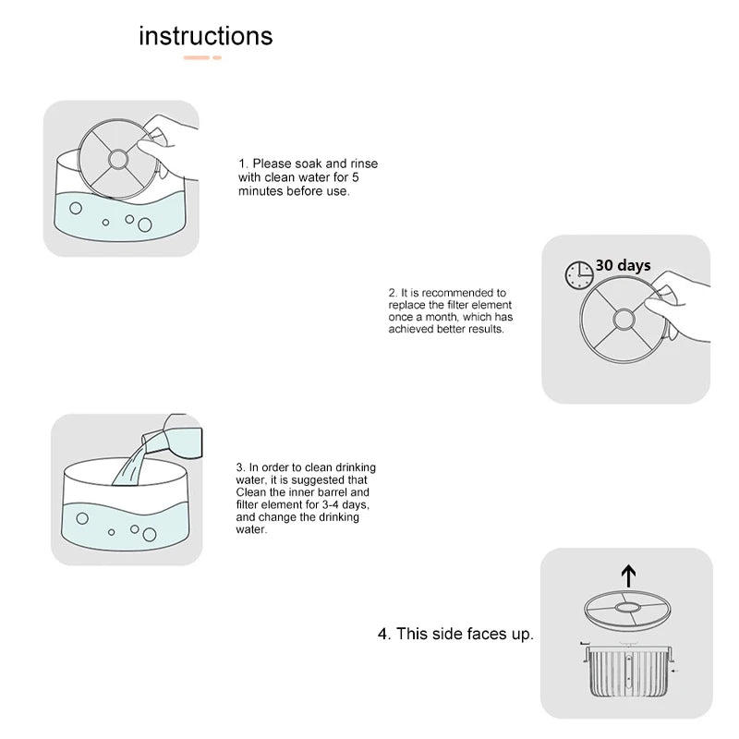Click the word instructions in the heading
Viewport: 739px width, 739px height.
(x=205, y=36)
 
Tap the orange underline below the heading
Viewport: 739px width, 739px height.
(x=202, y=57)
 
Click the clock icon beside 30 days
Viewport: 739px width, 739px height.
(x=579, y=274)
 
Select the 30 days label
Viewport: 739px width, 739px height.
(x=623, y=265)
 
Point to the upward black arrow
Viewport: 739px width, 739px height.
(x=628, y=575)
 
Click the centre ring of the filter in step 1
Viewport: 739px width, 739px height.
(x=118, y=159)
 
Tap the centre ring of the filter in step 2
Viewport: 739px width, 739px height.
(x=624, y=320)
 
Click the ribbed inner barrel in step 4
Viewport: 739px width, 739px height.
(x=629, y=671)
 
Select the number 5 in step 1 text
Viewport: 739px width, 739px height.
(x=356, y=177)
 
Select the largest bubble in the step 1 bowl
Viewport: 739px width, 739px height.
(x=145, y=224)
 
